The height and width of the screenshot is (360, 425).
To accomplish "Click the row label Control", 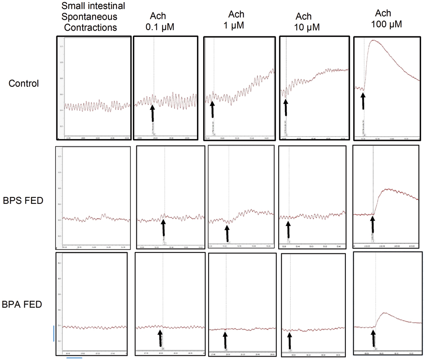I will pyautogui.click(x=24, y=83).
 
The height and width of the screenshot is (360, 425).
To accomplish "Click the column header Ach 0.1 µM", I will pyautogui.click(x=159, y=21).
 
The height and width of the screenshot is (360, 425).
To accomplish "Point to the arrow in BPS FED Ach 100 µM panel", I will pyautogui.click(x=372, y=226).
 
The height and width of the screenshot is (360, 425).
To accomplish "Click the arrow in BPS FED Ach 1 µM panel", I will pyautogui.click(x=227, y=233).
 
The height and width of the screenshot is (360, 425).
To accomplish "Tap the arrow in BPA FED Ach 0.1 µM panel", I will pyautogui.click(x=160, y=338).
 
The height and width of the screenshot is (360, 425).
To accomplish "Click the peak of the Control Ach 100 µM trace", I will pyautogui.click(x=374, y=40).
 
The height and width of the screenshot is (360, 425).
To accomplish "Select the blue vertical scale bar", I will pyautogui.click(x=54, y=333).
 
